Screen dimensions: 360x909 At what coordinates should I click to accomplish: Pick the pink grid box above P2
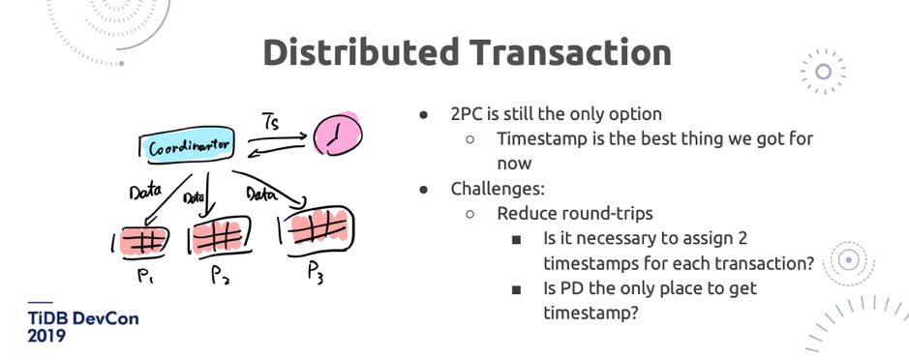[x=220, y=235]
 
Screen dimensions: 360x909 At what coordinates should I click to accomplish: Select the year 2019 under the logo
[x=46, y=336]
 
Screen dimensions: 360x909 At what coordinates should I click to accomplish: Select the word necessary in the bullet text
[x=605, y=238]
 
